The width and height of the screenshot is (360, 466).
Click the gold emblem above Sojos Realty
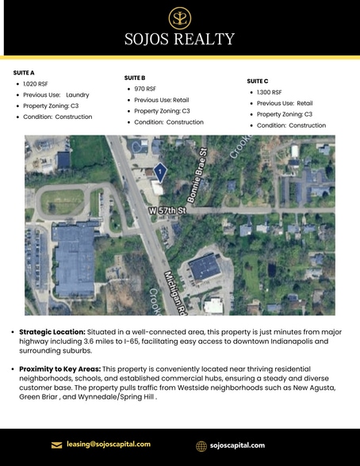[180, 17]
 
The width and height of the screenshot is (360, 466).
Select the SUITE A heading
[24, 72]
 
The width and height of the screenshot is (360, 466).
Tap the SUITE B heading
[135, 78]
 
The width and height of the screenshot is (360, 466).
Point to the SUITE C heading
[258, 81]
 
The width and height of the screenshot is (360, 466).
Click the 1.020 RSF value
[35, 83]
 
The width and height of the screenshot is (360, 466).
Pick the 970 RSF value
[146, 90]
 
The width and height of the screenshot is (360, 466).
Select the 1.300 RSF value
[269, 93]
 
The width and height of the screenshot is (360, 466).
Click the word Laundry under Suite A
[77, 94]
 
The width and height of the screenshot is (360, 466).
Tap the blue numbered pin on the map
[160, 171]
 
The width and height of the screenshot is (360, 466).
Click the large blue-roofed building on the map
[77, 256]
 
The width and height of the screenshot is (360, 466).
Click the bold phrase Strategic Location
[54, 331]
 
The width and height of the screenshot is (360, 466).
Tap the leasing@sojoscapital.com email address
[109, 445]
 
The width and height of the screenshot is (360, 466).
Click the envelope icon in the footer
[56, 445]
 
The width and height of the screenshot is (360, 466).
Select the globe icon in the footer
[201, 445]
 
